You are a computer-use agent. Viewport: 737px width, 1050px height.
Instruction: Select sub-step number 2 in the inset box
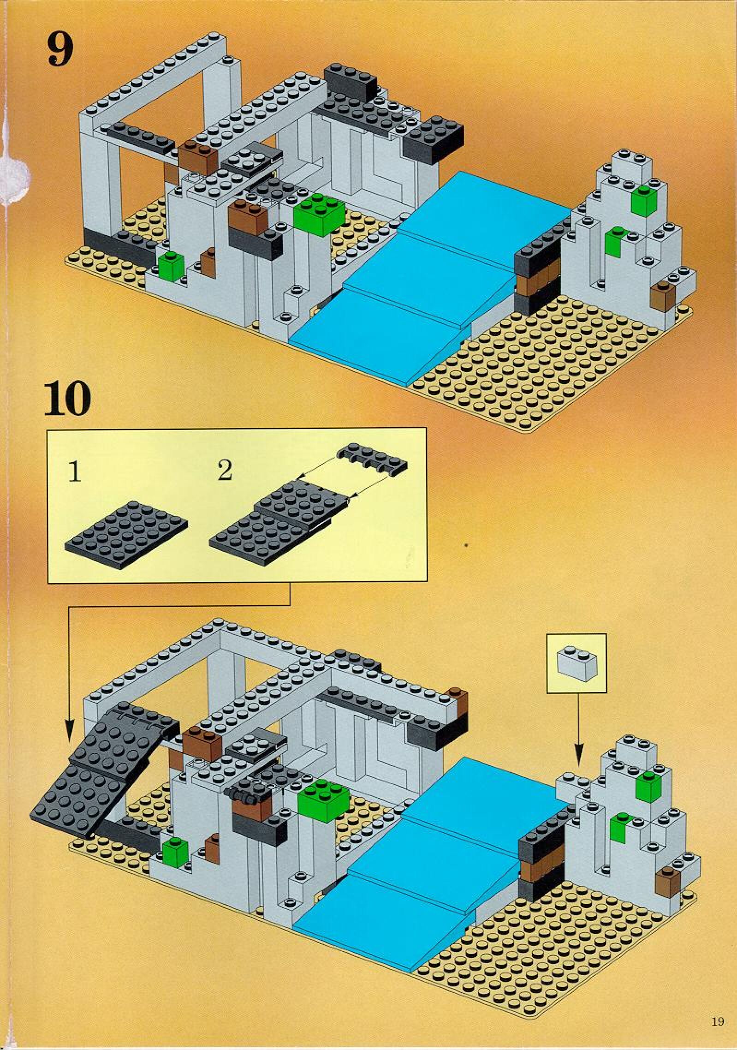[x=225, y=471]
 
